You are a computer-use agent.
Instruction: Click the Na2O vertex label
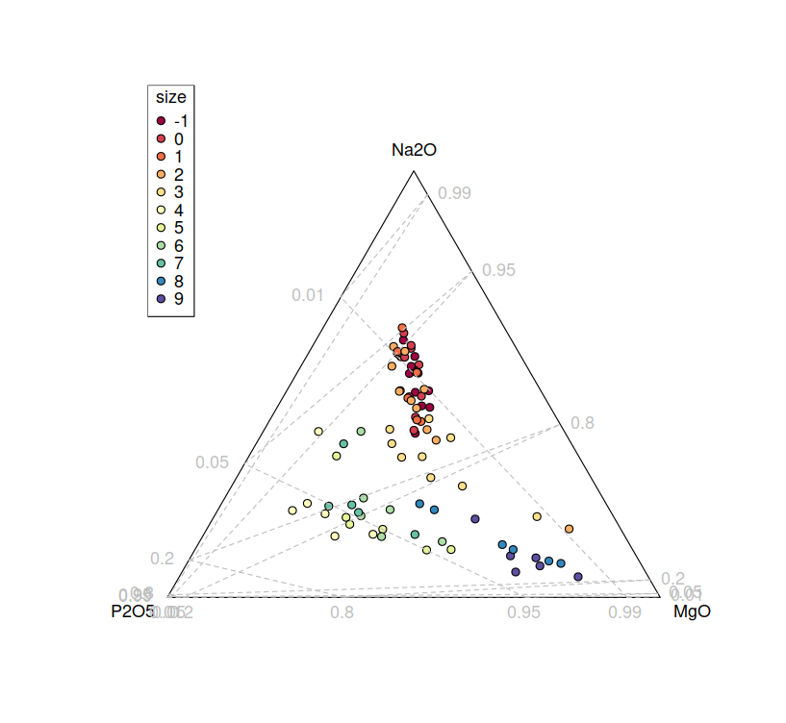[x=414, y=150]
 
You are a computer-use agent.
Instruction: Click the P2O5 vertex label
[x=134, y=611]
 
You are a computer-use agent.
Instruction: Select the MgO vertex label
[x=692, y=611]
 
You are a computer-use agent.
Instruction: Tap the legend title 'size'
[x=171, y=97]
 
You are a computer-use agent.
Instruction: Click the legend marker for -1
[x=162, y=121]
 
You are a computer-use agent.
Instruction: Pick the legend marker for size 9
[x=162, y=299]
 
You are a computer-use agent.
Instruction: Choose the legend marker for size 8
[x=162, y=282]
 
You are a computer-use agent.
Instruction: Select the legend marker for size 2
[x=162, y=175]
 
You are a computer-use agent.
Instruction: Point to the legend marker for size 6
[x=162, y=246]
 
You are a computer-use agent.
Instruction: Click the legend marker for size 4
[x=162, y=211]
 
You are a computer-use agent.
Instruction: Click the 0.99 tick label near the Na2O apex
[x=454, y=193]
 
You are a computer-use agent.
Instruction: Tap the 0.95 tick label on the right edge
[x=500, y=270]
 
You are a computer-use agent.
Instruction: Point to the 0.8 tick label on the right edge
[x=583, y=423]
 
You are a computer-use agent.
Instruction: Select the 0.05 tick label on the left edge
[x=212, y=462]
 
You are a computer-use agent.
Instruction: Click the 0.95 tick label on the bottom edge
[x=524, y=611]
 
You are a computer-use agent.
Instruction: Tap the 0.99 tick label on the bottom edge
[x=625, y=611]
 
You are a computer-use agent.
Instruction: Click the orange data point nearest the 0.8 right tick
[x=570, y=529]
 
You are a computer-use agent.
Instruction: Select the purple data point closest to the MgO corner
[x=578, y=577]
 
